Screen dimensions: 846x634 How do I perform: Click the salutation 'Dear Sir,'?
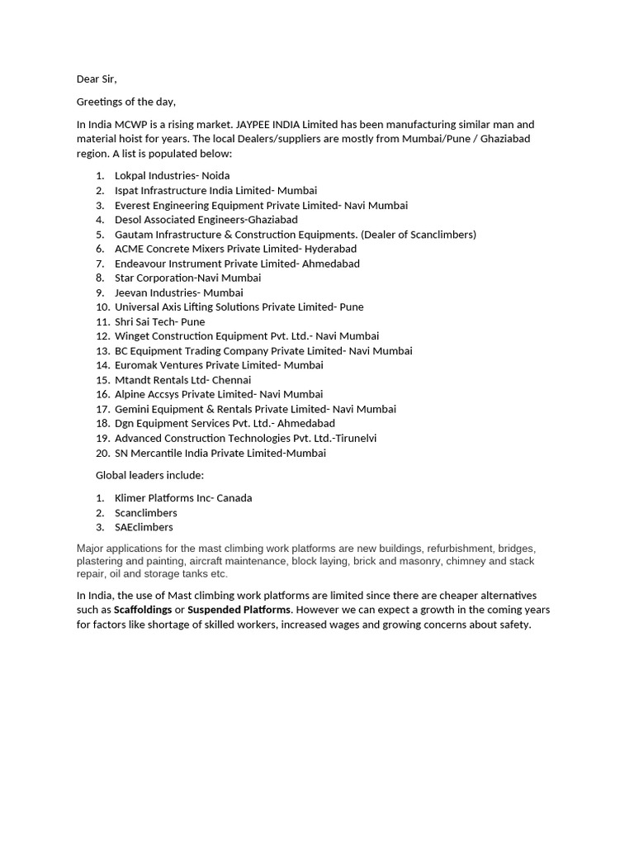pyautogui.click(x=97, y=79)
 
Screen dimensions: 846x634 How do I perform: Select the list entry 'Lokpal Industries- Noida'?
pyautogui.click(x=172, y=176)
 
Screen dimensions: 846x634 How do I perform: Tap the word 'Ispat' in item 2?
pyautogui.click(x=128, y=191)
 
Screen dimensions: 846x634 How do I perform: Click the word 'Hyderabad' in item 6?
pyautogui.click(x=330, y=249)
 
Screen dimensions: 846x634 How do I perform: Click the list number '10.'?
pyautogui.click(x=102, y=307)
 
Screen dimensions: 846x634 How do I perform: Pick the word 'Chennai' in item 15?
pyautogui.click(x=231, y=380)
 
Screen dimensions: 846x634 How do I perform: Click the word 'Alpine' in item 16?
pyautogui.click(x=130, y=395)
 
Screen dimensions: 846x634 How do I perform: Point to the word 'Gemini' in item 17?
pyautogui.click(x=132, y=409)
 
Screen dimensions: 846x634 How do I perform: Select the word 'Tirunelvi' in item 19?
pyautogui.click(x=352, y=439)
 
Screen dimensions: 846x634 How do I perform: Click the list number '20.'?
pyautogui.click(x=102, y=453)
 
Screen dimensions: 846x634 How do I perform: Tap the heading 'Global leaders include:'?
pyautogui.click(x=149, y=475)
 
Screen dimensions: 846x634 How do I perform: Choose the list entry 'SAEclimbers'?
pyautogui.click(x=144, y=527)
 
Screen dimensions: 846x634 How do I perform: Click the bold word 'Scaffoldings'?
pyautogui.click(x=143, y=610)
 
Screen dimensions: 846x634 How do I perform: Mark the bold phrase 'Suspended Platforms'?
pyautogui.click(x=239, y=610)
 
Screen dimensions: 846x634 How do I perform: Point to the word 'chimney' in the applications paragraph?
pyautogui.click(x=465, y=561)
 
